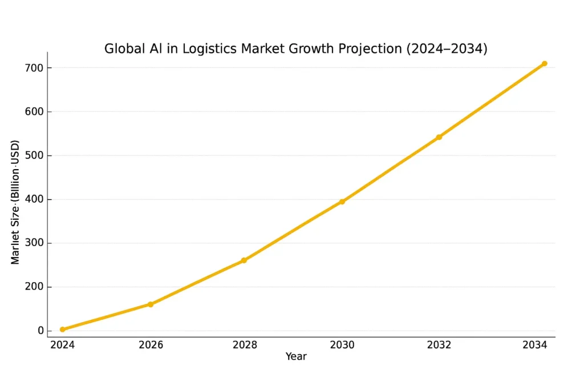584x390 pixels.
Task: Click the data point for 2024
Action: tap(62, 329)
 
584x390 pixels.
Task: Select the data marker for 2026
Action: tap(151, 304)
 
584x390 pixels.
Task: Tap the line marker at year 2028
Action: tap(244, 260)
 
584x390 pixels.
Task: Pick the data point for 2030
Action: tap(342, 202)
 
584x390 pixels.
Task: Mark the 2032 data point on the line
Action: tap(439, 137)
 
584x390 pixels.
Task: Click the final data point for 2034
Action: tap(545, 63)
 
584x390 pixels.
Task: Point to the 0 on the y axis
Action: tap(40, 331)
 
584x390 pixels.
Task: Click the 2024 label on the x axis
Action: tap(62, 345)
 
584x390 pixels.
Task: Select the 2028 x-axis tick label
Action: tap(244, 345)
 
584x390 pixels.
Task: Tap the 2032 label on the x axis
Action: tap(439, 345)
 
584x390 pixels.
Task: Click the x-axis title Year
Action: tap(296, 357)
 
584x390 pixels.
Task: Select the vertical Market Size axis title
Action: tap(15, 202)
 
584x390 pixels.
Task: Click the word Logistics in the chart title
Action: tap(210, 49)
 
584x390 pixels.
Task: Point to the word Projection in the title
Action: tap(371, 49)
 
